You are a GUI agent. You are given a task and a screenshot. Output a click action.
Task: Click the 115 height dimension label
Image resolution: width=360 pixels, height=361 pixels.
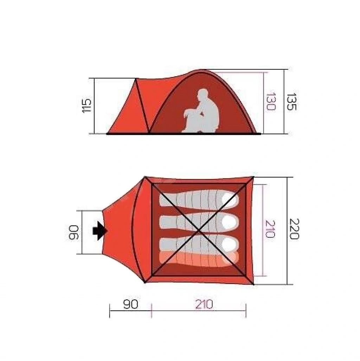86,106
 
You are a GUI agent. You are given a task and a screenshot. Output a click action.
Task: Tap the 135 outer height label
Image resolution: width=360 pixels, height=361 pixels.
291,102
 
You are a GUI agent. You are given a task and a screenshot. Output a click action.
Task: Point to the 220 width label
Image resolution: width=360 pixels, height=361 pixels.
294,229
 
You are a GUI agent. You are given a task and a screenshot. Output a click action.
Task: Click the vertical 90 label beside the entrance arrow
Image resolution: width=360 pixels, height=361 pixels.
74,232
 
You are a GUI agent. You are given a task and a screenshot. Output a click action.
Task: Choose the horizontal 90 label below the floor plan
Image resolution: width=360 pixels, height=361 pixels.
131,304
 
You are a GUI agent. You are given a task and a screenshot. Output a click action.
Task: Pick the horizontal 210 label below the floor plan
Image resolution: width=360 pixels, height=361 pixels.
204,304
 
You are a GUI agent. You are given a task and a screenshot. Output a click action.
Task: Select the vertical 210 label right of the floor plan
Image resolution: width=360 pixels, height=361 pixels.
270,229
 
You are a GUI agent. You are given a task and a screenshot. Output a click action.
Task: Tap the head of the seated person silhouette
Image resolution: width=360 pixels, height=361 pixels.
202,94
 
